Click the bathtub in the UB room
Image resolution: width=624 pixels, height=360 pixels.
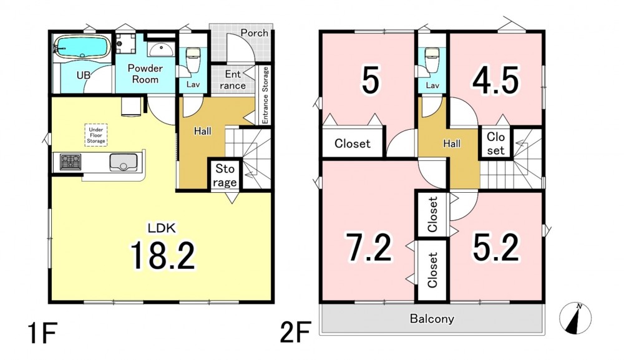click(82, 47)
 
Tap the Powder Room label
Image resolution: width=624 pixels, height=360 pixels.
click(145, 74)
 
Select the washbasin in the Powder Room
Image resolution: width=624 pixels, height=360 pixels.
click(161, 49)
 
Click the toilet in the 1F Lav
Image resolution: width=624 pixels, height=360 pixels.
click(193, 60)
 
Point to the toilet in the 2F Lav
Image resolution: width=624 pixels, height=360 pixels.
click(432, 60)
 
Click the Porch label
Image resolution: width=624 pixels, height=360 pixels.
click(255, 33)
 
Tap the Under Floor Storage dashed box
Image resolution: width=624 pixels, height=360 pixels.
click(96, 135)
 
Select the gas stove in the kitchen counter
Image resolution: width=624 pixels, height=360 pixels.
click(71, 162)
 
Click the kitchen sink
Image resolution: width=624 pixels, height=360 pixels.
click(124, 162)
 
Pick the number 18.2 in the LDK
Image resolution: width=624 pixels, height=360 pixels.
click(163, 255)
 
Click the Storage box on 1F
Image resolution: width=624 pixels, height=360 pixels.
click(225, 175)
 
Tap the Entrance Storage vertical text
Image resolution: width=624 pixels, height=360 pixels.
click(265, 95)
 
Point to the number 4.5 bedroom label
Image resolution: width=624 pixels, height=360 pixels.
click(496, 80)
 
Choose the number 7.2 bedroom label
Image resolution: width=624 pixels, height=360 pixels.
click(369, 248)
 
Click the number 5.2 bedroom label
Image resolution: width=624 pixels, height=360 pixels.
click(496, 248)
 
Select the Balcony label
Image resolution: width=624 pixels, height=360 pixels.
click(432, 319)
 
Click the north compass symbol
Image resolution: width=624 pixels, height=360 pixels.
click(575, 318)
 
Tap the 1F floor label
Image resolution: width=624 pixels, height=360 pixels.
click(43, 333)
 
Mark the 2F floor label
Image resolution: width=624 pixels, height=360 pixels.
click(295, 333)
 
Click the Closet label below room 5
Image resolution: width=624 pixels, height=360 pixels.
click(352, 144)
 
